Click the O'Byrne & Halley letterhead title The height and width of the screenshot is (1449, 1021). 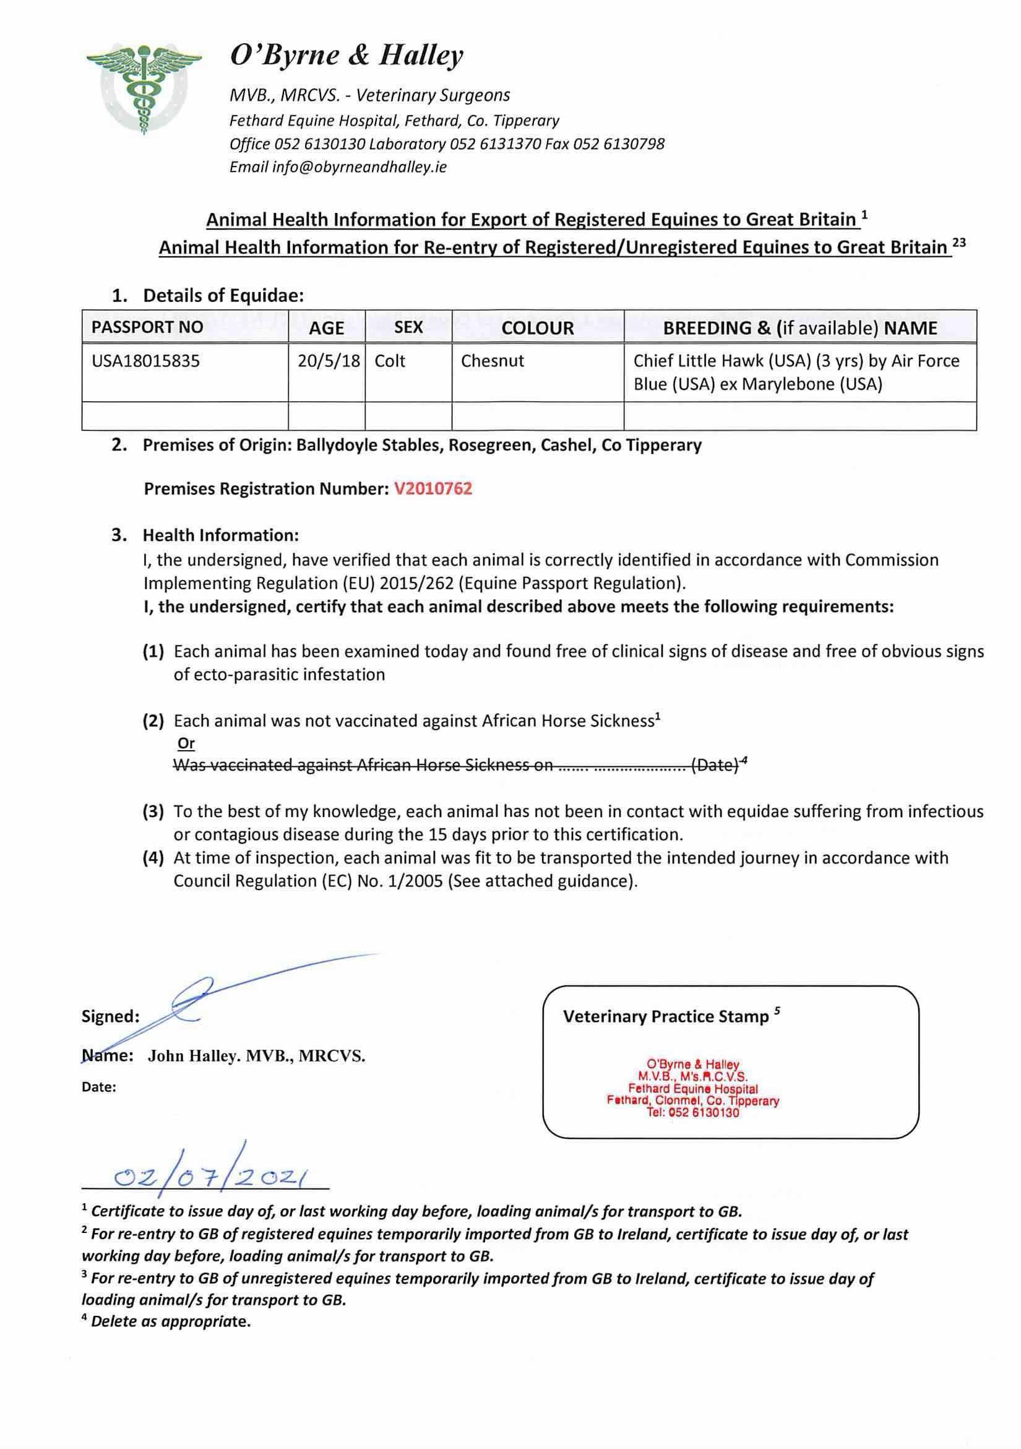point(347,56)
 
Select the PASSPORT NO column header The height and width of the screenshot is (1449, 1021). point(147,327)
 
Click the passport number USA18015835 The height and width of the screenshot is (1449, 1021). point(146,361)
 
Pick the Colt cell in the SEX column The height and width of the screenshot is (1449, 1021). point(390,361)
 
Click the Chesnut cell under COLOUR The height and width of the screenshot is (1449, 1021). point(492,361)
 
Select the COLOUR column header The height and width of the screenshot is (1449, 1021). point(538,327)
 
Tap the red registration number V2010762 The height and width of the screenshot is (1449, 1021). point(433,488)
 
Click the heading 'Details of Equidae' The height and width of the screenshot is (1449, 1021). point(223,295)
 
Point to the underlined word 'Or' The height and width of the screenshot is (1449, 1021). point(186,743)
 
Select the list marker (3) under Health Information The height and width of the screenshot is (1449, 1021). point(153,811)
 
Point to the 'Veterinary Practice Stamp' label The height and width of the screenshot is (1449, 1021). point(666,1016)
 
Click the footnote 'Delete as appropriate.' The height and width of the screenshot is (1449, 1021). point(170,1321)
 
